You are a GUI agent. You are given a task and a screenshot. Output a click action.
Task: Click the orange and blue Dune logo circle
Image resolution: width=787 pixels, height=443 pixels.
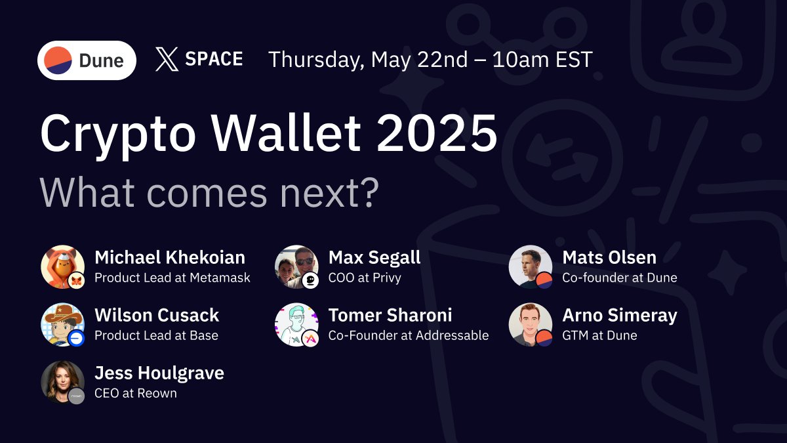pyautogui.click(x=58, y=60)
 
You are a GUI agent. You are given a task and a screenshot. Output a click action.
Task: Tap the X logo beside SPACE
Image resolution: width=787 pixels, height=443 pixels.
pyautogui.click(x=167, y=60)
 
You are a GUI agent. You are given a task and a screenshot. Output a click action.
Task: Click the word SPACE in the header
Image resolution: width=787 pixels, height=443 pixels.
pyautogui.click(x=214, y=58)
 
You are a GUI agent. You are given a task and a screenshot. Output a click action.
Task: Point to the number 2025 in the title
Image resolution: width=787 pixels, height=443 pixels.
pyautogui.click(x=437, y=133)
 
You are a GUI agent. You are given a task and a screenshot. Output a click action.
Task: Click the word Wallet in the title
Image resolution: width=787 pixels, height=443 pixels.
pyautogui.click(x=286, y=133)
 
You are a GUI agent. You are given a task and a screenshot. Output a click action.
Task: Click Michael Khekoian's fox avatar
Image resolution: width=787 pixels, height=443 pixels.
pyautogui.click(x=62, y=267)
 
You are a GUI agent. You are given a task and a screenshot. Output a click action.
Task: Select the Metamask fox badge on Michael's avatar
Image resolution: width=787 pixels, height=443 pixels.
pyautogui.click(x=76, y=280)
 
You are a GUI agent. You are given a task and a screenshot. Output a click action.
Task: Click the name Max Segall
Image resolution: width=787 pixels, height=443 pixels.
pyautogui.click(x=374, y=258)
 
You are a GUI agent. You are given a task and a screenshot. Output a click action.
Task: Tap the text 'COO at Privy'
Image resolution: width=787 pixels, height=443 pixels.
pyautogui.click(x=365, y=278)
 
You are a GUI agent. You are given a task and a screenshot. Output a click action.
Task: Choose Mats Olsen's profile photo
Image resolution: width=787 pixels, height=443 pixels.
pyautogui.click(x=531, y=267)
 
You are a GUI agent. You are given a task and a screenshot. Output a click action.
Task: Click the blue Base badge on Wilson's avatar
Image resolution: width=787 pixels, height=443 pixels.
pyautogui.click(x=76, y=338)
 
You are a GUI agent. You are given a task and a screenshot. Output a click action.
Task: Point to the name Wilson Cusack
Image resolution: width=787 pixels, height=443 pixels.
pyautogui.click(x=157, y=316)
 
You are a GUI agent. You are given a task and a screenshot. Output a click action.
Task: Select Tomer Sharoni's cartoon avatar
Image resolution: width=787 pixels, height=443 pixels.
pyautogui.click(x=296, y=324)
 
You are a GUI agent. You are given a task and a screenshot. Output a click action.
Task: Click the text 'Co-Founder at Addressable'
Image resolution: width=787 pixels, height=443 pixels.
pyautogui.click(x=409, y=335)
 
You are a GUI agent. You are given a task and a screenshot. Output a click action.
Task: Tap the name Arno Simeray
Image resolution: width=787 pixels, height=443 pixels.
pyautogui.click(x=620, y=316)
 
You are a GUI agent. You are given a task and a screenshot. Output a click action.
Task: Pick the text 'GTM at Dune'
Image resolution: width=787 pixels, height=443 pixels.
pyautogui.click(x=599, y=335)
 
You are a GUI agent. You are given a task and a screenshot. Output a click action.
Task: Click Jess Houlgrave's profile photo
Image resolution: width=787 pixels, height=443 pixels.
pyautogui.click(x=62, y=382)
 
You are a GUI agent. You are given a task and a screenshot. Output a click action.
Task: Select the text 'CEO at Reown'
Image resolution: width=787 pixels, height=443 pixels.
pyautogui.click(x=136, y=393)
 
